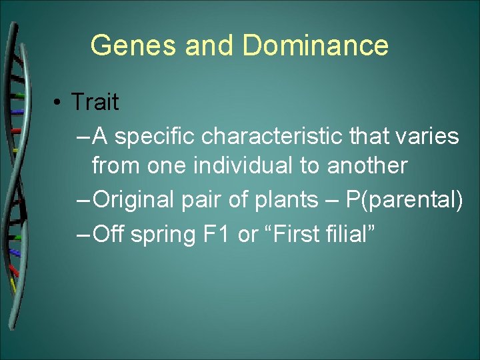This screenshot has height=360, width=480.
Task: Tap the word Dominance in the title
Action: tap(315, 46)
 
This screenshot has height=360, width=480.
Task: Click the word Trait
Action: tap(95, 102)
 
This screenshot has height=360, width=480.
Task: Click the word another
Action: tap(367, 165)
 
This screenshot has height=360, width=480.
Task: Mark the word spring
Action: tap(163, 234)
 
